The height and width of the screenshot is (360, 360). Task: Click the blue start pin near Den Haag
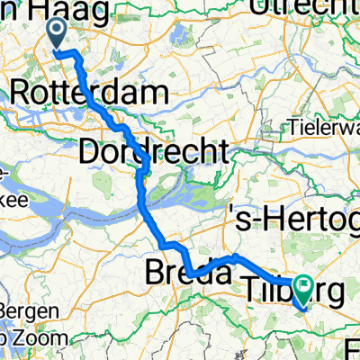click(56, 34)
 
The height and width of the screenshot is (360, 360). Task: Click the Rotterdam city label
click(90, 94)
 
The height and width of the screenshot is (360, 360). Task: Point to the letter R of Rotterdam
click(20, 94)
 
